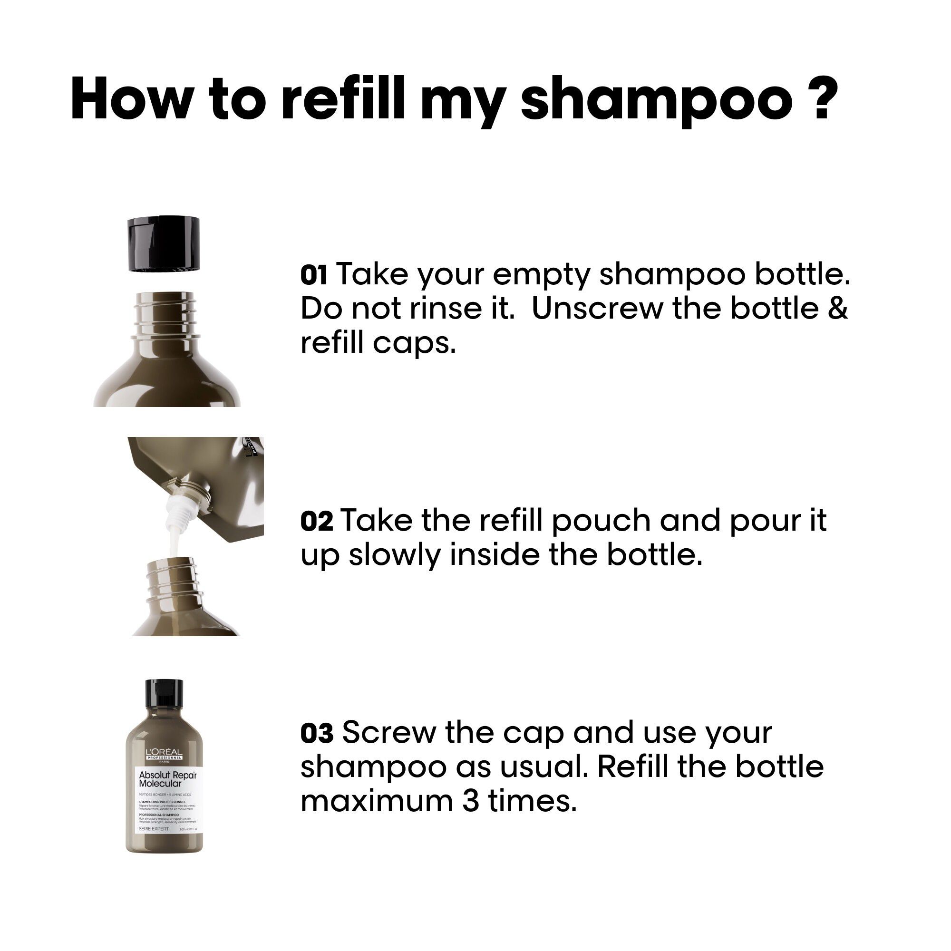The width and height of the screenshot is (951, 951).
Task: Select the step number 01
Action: (313, 275)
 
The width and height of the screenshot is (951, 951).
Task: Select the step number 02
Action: (317, 521)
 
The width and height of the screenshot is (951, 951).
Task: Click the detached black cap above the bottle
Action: (164, 243)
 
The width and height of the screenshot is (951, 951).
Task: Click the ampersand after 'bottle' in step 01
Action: (837, 309)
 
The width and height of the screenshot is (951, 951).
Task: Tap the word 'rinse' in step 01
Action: (446, 309)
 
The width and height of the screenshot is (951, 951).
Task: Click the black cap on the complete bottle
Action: (164, 699)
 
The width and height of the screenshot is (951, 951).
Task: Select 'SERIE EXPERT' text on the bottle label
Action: (154, 829)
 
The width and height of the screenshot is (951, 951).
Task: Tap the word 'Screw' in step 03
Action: (388, 733)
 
